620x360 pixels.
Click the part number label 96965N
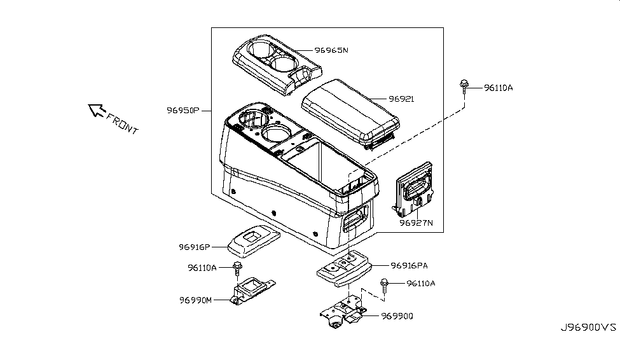pyautogui.click(x=331, y=50)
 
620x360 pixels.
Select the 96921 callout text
pyautogui.click(x=401, y=99)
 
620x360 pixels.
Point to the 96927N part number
pyautogui.click(x=416, y=223)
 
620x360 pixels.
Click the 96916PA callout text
pyautogui.click(x=409, y=265)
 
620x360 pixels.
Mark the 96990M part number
pyautogui.click(x=195, y=299)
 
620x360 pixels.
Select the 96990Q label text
pyautogui.click(x=397, y=315)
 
